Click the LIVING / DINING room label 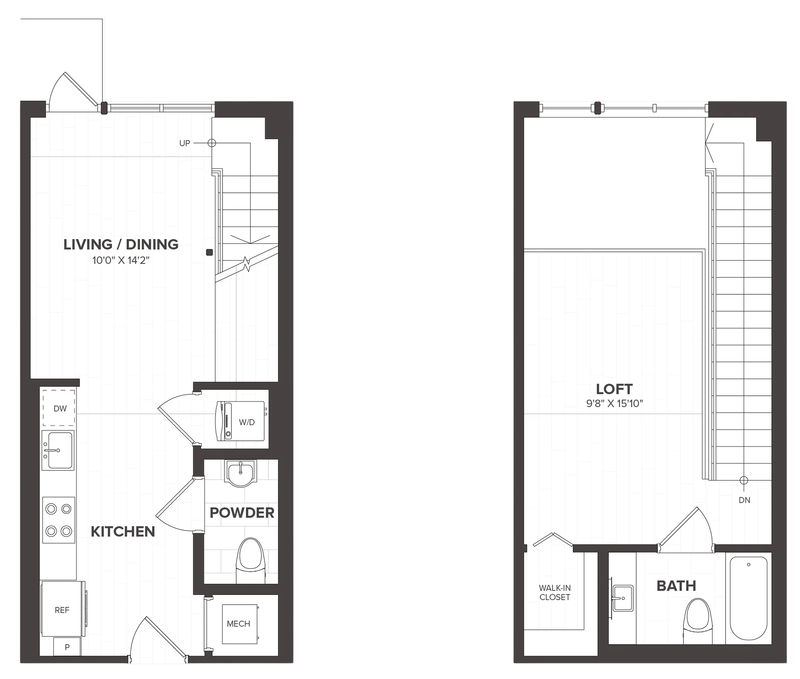[x=121, y=244]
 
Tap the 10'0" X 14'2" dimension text [x=121, y=261]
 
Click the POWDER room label [x=242, y=513]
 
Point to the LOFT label [x=614, y=389]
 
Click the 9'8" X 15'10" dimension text [x=614, y=403]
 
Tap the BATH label [x=676, y=586]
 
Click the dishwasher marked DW [x=59, y=408]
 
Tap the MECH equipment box [x=239, y=624]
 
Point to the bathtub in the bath [x=748, y=598]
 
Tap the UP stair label [x=184, y=143]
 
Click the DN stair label [x=744, y=500]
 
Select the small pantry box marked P [x=67, y=647]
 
